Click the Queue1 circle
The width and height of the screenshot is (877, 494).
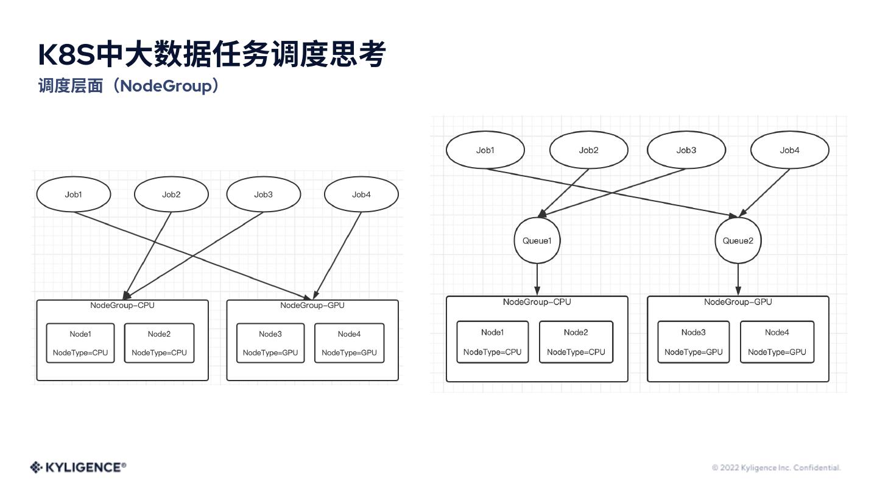click(537, 241)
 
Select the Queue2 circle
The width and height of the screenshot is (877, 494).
click(738, 241)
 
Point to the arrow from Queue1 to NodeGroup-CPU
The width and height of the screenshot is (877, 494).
click(537, 279)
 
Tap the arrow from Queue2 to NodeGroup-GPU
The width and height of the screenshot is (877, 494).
click(738, 279)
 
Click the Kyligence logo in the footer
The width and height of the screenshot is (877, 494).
click(78, 467)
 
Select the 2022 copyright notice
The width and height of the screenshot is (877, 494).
click(776, 468)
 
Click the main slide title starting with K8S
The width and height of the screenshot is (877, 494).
click(211, 55)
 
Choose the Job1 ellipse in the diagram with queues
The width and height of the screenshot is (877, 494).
click(485, 150)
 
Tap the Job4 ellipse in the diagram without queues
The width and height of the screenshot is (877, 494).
click(361, 195)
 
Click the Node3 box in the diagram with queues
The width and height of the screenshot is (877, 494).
click(694, 342)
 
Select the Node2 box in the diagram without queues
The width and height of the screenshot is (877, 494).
click(159, 343)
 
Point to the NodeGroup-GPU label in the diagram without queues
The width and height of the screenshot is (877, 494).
click(312, 306)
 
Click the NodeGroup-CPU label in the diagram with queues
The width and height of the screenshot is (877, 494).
click(537, 302)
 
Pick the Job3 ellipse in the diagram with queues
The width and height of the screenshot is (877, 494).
click(686, 150)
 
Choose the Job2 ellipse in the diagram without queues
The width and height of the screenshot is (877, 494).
click(171, 195)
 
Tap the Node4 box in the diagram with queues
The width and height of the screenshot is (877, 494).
click(777, 342)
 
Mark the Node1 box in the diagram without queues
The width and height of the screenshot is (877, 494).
click(80, 343)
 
